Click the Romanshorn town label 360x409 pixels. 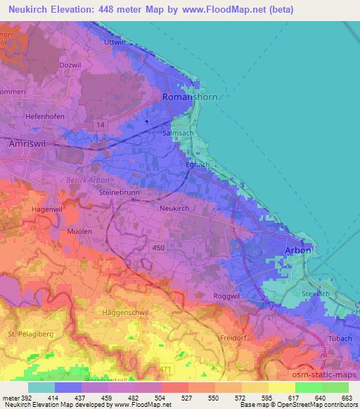click(x=190, y=98)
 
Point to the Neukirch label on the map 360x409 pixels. click(x=176, y=209)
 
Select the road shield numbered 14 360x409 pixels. click(x=102, y=124)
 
